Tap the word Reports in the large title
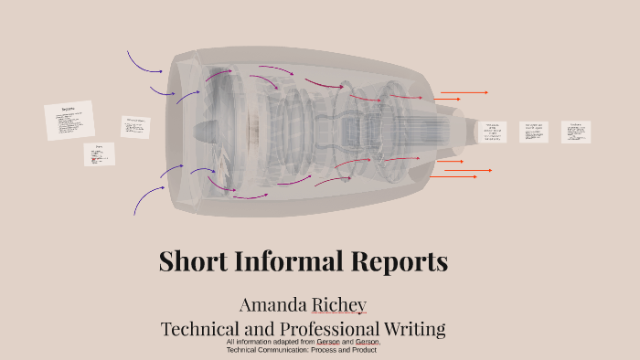pyautogui.click(x=397, y=261)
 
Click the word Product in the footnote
pyautogui.click(x=364, y=350)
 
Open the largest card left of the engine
pyautogui.click(x=69, y=121)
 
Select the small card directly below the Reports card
pyautogui.click(x=100, y=154)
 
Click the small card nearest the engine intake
pyautogui.click(x=135, y=126)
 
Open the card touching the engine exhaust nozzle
pyautogui.click(x=492, y=132)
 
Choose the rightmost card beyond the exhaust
pyautogui.click(x=576, y=132)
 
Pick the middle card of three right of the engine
pyautogui.click(x=534, y=132)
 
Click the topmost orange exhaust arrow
pyautogui.click(x=464, y=92)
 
